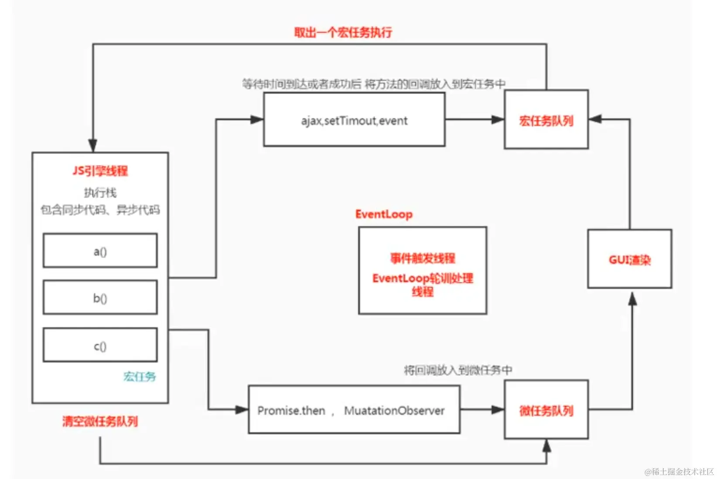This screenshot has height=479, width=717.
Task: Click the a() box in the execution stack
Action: coord(100,250)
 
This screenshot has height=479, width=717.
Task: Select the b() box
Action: coord(100,298)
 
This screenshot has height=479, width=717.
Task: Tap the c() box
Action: coord(100,345)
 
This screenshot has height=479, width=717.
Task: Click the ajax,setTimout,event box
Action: coord(354,120)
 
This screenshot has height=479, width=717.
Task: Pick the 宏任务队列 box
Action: coord(546,120)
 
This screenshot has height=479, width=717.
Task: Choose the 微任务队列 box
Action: coord(546,410)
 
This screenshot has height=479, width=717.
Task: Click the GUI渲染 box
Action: coord(629,260)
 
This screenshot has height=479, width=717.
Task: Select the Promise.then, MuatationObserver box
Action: coord(354,410)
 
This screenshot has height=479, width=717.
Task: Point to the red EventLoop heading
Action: coord(384,214)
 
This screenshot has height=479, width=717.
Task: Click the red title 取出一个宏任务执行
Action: coord(343,32)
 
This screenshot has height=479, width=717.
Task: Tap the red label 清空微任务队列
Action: coord(100,421)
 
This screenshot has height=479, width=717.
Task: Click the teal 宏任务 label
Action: coord(140,376)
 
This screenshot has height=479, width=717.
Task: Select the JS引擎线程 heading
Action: coord(100,171)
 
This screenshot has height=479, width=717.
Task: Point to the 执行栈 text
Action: coord(100,192)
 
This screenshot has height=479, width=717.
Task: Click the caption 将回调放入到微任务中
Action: coord(458,370)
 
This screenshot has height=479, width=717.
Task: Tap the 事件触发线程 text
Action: coord(422,258)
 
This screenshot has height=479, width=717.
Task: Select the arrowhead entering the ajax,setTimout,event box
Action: coord(257,120)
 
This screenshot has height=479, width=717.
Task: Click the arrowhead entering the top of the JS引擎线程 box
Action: coord(93,145)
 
